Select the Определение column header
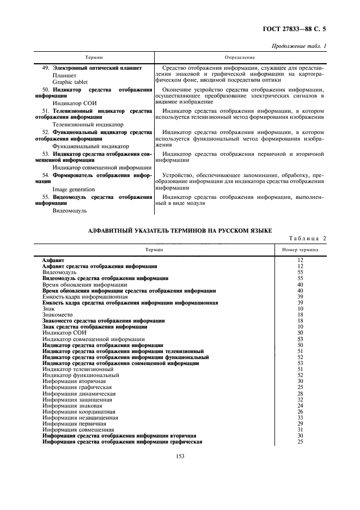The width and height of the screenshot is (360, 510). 240,57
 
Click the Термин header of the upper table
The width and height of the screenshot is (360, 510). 94,57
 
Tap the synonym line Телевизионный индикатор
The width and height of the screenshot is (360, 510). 80,125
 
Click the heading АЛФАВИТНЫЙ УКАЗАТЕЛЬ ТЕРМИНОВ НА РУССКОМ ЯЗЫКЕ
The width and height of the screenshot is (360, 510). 180,232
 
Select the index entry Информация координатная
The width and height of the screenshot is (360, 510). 76,411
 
